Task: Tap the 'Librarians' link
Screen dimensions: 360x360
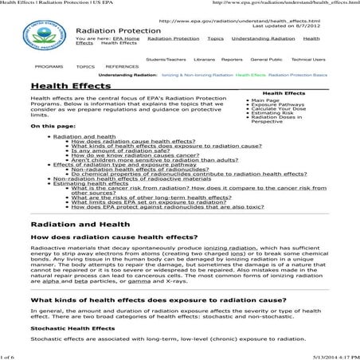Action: pyautogui.click(x=203, y=59)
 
